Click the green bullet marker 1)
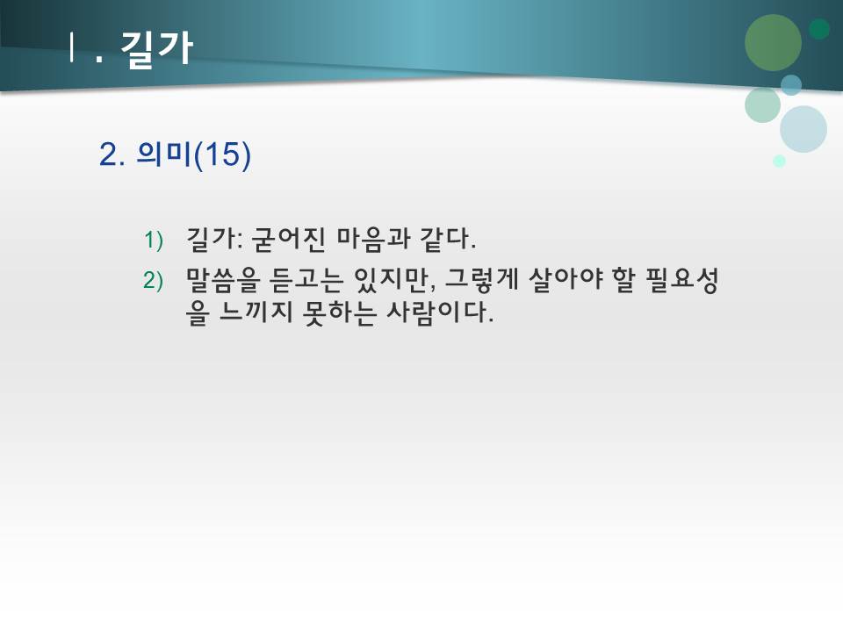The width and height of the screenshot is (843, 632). (155, 240)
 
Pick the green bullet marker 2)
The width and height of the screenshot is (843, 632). (155, 281)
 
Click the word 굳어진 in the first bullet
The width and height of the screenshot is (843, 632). (283, 238)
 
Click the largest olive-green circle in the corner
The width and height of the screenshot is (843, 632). (773, 42)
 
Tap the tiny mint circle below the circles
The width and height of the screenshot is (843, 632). (779, 162)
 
